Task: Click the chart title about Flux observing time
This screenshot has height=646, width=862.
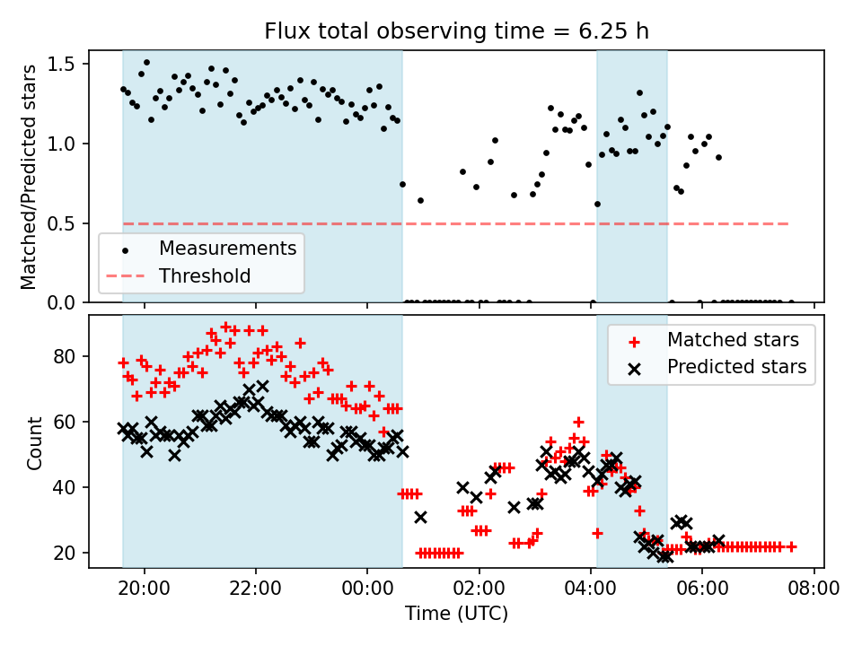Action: (456, 31)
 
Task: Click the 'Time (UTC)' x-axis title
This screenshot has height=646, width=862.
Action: (456, 614)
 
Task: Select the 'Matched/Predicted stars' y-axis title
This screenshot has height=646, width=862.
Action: (29, 177)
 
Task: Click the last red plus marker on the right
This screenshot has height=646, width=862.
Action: (791, 546)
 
